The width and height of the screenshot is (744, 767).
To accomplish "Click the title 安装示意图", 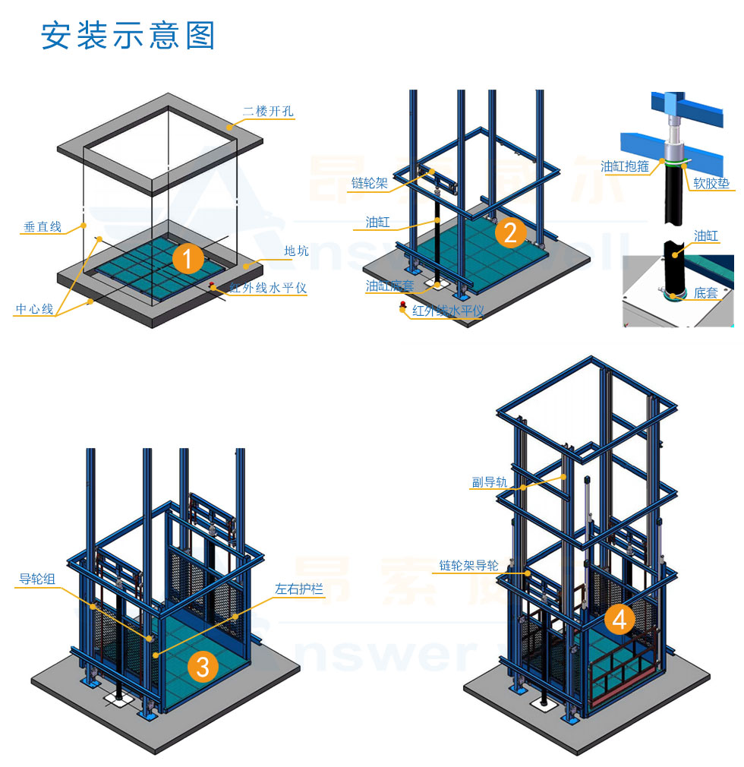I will [x=128, y=36].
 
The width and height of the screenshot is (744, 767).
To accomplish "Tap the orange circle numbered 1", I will [x=188, y=258].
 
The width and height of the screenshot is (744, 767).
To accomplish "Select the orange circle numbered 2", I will [x=510, y=232].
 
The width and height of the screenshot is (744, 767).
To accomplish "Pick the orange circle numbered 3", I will [x=203, y=666].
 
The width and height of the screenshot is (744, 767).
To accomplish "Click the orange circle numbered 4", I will [x=619, y=620].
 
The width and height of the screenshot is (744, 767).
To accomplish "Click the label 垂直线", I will [x=42, y=226].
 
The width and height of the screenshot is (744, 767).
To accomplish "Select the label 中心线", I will [x=34, y=309].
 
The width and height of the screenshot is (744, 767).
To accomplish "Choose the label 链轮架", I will [x=369, y=183].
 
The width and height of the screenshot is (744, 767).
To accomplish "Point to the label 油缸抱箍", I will [x=624, y=166].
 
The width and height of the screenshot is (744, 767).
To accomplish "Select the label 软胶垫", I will [x=711, y=182].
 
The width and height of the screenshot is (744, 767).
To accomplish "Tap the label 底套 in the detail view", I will [x=706, y=292].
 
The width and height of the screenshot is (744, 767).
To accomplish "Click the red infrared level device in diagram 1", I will [x=213, y=286].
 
